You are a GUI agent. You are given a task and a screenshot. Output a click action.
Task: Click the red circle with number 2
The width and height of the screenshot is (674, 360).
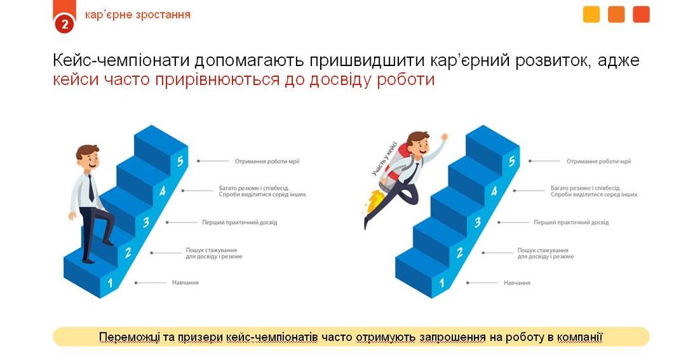pos(65,24)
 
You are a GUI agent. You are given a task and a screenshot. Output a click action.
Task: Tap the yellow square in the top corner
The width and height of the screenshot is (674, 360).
pos(592,14)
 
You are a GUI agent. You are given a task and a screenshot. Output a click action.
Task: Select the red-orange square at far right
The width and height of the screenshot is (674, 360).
pos(642,14)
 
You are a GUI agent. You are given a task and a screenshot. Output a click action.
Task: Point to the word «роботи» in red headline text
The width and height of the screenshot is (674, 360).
pos(406,80)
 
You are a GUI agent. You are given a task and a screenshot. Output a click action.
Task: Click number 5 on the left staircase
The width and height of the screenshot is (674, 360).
pos(180,161)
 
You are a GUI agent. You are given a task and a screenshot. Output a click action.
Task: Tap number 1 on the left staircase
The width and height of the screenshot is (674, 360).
pos(110,282)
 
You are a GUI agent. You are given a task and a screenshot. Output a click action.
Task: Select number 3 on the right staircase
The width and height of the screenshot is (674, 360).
pos(478,222)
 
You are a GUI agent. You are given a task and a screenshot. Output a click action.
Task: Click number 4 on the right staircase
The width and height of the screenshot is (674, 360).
pos(494,191)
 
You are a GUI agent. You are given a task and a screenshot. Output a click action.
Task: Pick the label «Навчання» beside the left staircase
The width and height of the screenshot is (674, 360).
pos(185,282)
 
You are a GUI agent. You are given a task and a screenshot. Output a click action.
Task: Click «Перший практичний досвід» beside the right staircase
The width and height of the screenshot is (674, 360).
pos(572,222)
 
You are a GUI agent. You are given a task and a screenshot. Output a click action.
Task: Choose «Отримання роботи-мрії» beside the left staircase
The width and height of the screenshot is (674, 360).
pos(267,161)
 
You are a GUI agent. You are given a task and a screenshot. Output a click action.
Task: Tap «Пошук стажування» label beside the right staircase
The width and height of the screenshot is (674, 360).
pos(543,250)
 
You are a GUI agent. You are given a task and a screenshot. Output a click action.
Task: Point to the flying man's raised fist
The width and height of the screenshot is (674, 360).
pos(444,138)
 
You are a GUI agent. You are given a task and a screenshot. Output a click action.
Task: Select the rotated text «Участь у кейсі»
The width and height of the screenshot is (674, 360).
pos(384,158)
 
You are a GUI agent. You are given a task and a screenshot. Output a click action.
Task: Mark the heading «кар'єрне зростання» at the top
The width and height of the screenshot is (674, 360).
pos(137,15)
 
